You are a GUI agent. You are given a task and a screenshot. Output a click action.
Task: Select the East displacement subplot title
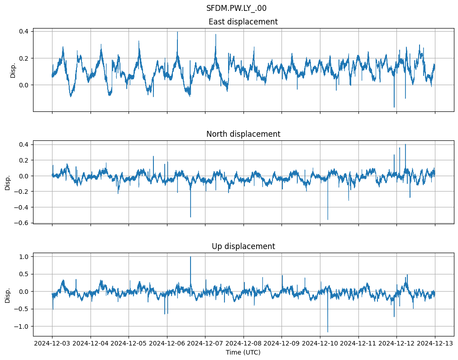(243, 22)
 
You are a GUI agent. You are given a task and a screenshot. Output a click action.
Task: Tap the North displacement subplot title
(243, 134)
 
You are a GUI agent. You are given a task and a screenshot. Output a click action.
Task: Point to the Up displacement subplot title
(243, 246)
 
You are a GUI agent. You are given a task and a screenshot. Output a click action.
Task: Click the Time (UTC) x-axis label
(243, 352)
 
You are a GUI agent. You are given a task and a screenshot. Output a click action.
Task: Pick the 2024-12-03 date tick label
(52, 343)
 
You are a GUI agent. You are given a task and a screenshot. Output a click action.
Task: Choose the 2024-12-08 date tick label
(243, 343)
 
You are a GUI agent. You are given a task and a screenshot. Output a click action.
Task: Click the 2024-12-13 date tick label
(435, 343)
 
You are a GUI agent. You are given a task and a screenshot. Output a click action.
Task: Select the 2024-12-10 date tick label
(320, 343)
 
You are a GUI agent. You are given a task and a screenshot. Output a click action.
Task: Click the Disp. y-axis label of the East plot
(13, 70)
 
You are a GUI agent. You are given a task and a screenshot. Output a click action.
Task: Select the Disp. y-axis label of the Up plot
(8, 295)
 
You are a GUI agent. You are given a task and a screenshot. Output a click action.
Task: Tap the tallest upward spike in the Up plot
(191, 257)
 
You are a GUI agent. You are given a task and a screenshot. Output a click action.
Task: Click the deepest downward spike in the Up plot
(328, 332)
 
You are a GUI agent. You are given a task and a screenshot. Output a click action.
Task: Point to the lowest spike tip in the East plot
(394, 107)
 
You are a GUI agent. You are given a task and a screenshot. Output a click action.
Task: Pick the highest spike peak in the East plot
(177, 32)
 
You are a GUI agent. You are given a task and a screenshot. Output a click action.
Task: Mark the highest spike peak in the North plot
(406, 144)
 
